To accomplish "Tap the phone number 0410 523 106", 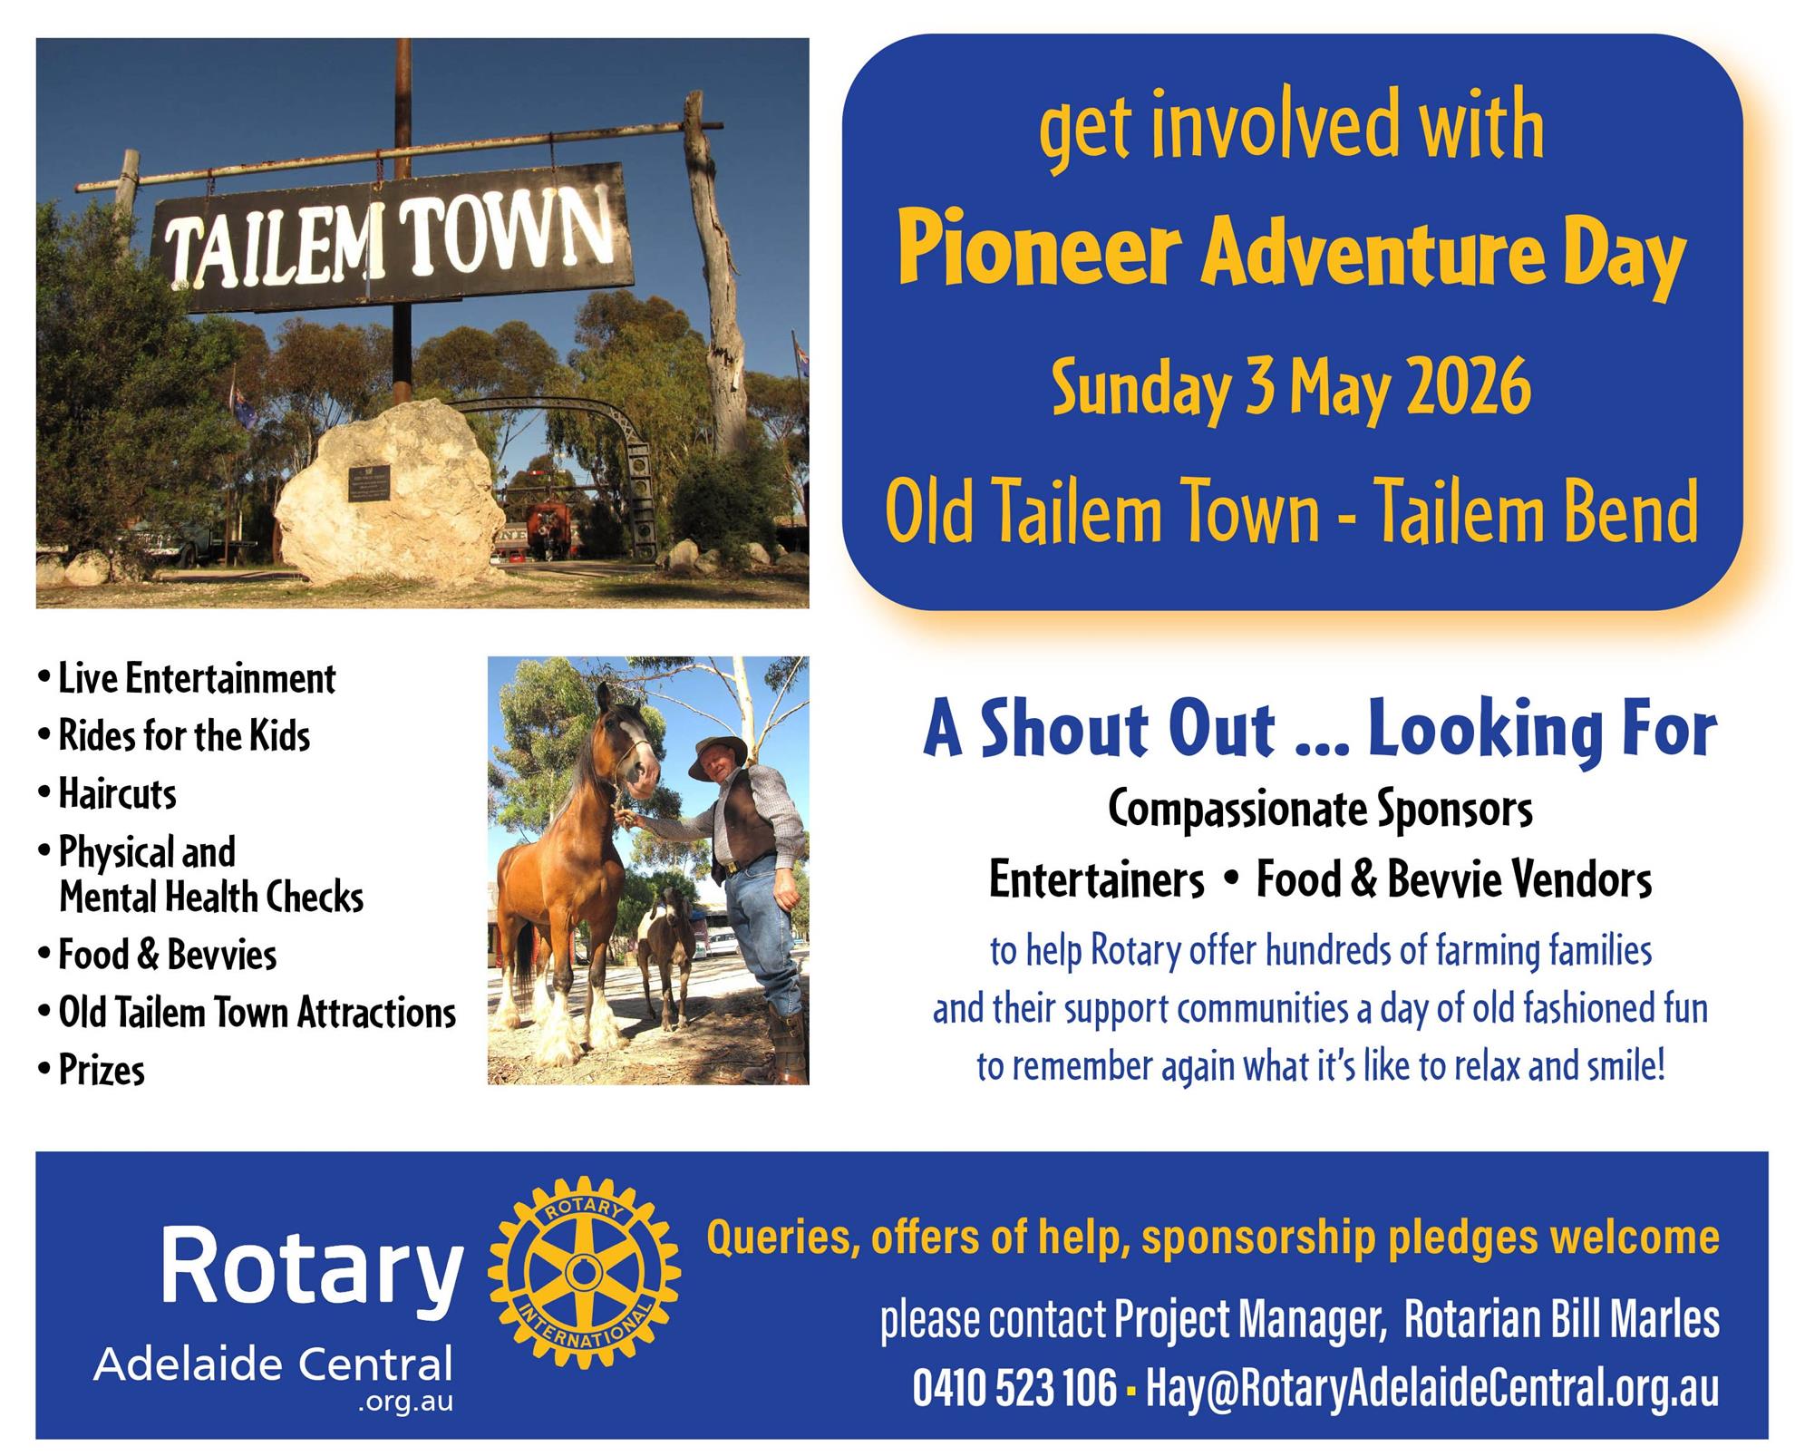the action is click(x=1014, y=1388).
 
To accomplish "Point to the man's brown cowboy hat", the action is click(x=717, y=755).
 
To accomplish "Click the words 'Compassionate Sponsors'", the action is click(x=1320, y=810).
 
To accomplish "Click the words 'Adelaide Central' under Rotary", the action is click(x=273, y=1364).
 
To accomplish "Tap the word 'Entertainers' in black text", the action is click(x=1097, y=879).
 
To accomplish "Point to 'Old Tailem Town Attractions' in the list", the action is click(x=247, y=1013).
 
